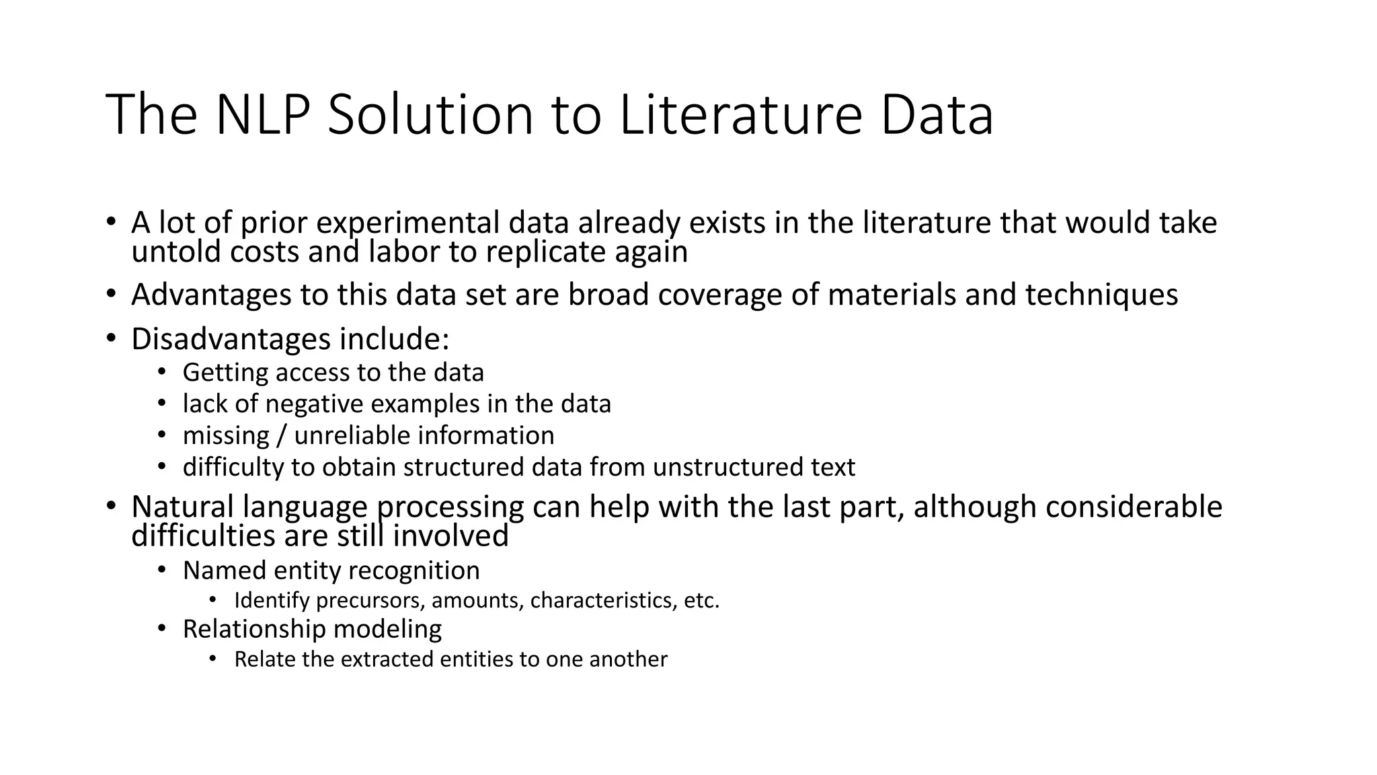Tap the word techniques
coord(1101,295)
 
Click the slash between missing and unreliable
coord(282,436)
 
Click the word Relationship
coord(253,629)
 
